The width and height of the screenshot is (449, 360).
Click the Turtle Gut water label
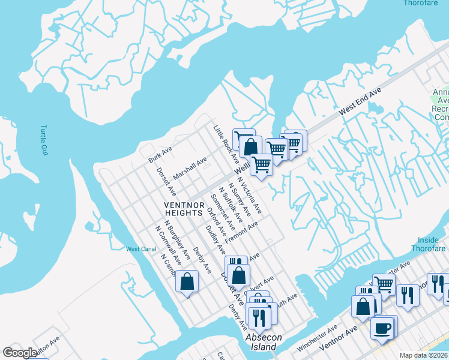click(x=44, y=140)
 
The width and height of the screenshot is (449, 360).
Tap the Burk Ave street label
click(x=160, y=155)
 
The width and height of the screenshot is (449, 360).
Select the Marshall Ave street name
click(x=190, y=169)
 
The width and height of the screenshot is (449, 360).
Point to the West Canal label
click(x=141, y=249)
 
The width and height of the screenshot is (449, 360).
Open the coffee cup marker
click(x=382, y=328)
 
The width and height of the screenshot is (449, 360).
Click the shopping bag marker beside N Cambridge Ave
click(x=187, y=280)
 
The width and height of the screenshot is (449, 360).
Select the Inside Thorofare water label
click(x=429, y=244)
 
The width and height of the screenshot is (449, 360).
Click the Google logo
click(x=19, y=353)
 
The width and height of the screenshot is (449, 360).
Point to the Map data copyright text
click(x=424, y=355)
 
